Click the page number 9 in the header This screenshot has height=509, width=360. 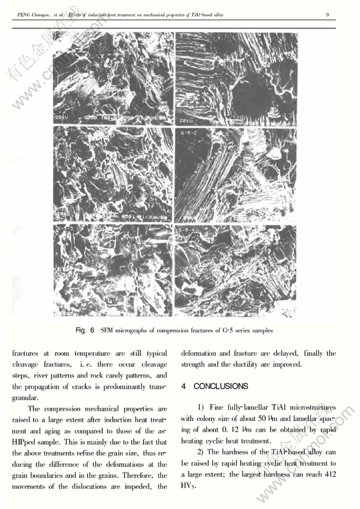[328, 14]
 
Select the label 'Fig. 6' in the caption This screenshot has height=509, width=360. [85, 331]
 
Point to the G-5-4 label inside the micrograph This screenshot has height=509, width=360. [188, 231]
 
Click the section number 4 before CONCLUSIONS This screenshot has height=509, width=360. [183, 387]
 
